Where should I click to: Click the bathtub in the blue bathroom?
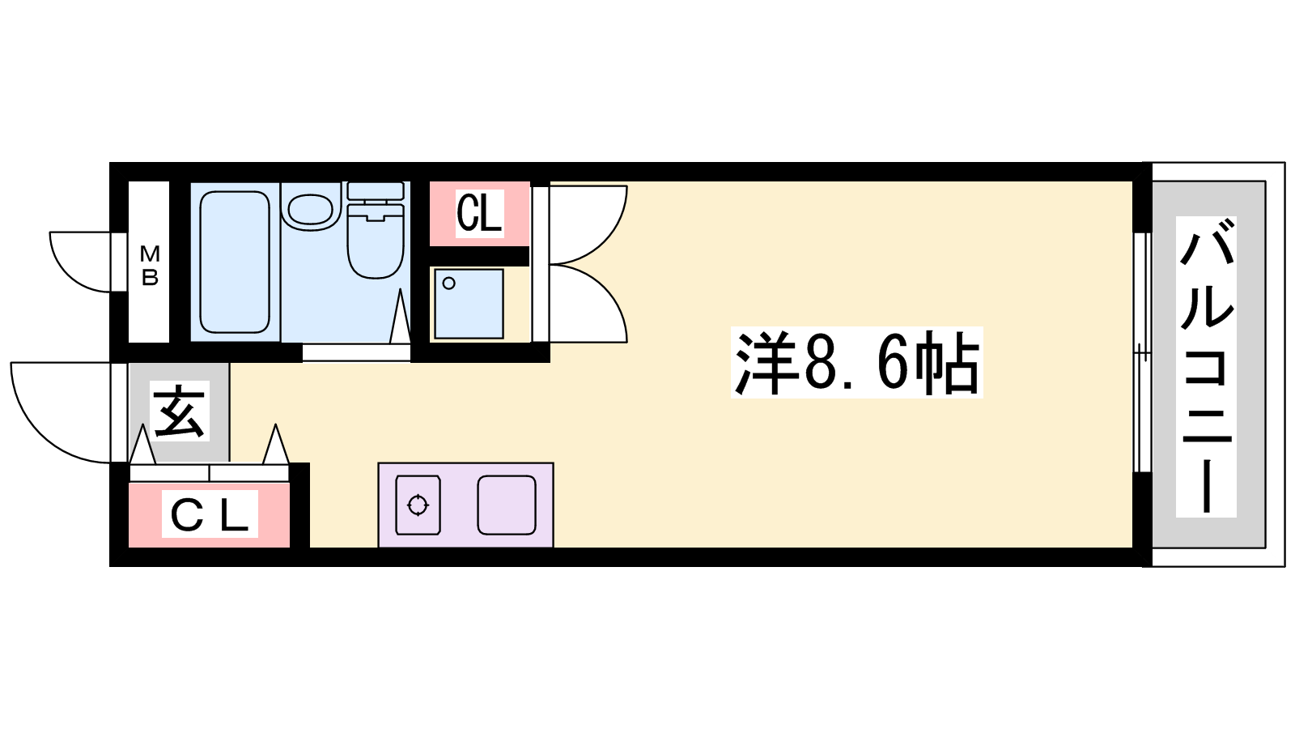coord(235,262)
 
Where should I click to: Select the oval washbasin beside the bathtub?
coord(311,209)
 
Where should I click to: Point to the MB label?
coord(151,266)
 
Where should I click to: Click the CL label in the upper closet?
coord(479,213)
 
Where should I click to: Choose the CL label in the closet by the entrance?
coord(210,514)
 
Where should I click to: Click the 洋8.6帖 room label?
coord(856,362)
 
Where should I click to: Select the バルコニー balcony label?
coord(1206,367)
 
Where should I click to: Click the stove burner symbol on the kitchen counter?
coord(418,505)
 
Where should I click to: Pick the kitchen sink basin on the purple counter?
coord(507,505)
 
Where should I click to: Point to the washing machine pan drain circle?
coord(448,283)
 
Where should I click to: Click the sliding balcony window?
coord(1141,352)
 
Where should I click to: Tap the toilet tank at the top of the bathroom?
coord(376,192)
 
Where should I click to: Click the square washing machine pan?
coord(469,304)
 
